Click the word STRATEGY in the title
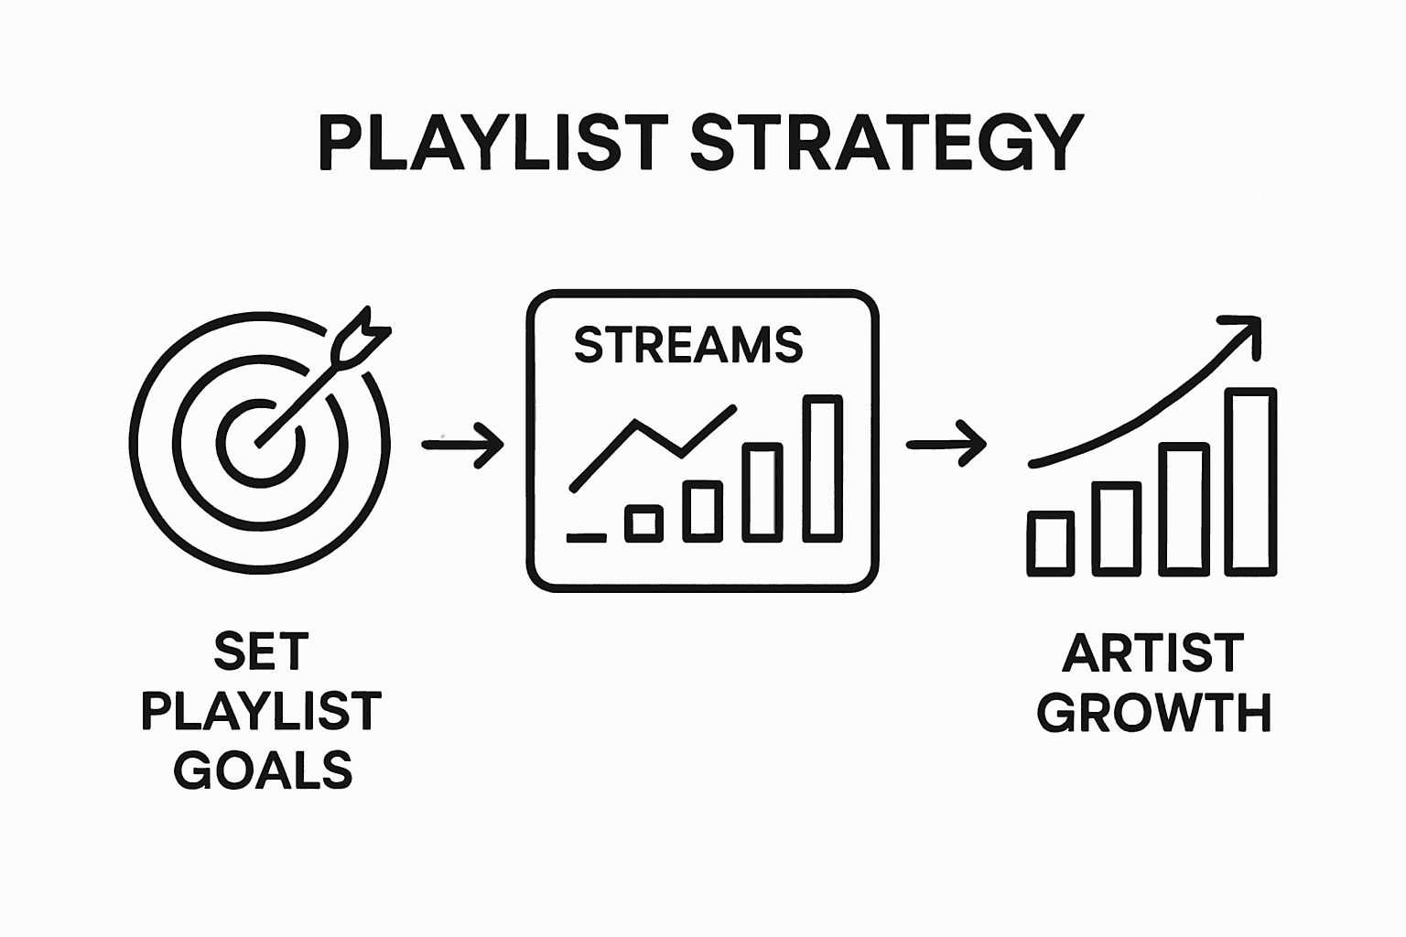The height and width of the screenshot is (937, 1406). pyautogui.click(x=887, y=144)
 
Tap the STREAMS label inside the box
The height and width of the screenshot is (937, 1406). pyautogui.click(x=687, y=345)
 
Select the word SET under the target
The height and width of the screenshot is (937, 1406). pyautogui.click(x=262, y=652)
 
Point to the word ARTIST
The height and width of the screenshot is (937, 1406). pyautogui.click(x=1152, y=653)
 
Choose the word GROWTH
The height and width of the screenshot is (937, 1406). pyautogui.click(x=1153, y=713)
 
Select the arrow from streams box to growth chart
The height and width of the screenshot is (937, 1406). pyautogui.click(x=946, y=445)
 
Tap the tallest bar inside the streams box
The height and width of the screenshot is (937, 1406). pyautogui.click(x=822, y=468)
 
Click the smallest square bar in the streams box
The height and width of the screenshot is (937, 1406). pyautogui.click(x=644, y=522)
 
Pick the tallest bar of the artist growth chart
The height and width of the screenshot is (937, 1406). pyautogui.click(x=1250, y=481)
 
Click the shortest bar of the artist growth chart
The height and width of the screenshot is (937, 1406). pyautogui.click(x=1050, y=544)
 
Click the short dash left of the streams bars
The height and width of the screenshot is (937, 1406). pyautogui.click(x=586, y=537)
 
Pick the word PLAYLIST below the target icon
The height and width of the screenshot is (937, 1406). pyautogui.click(x=262, y=712)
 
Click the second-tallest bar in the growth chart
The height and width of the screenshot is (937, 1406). pyautogui.click(x=1184, y=509)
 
